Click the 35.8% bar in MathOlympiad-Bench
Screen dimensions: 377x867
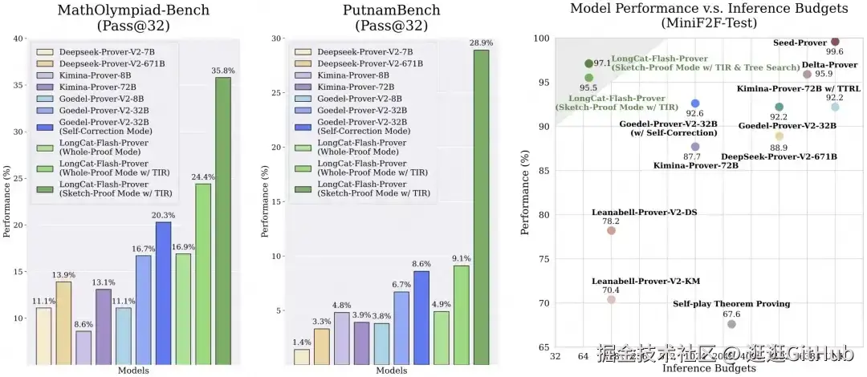click(x=223, y=220)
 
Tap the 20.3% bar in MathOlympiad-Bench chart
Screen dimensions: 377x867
click(x=163, y=292)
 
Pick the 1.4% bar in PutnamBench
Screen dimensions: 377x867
click(x=302, y=355)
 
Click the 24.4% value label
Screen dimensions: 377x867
click(x=203, y=176)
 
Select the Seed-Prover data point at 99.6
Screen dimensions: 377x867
click(x=835, y=42)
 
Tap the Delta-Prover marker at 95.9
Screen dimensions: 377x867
click(x=807, y=75)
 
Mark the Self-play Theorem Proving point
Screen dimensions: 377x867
click(x=731, y=324)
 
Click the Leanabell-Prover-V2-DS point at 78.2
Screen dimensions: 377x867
click(x=611, y=230)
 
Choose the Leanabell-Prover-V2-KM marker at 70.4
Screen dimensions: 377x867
click(x=611, y=299)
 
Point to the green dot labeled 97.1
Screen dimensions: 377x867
click(x=589, y=63)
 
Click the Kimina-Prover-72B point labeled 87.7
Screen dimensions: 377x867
click(x=695, y=147)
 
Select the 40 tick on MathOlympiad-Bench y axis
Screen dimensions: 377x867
click(x=18, y=39)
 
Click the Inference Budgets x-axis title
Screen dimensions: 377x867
click(x=709, y=368)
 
